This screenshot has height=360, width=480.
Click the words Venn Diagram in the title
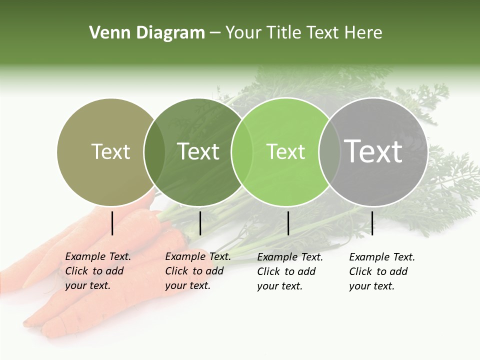tap(147, 33)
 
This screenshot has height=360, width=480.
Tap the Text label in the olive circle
tap(110, 151)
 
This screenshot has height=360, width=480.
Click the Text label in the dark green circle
tap(198, 151)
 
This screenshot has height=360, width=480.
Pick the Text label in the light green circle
tap(285, 151)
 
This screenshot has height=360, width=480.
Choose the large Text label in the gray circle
tap(373, 151)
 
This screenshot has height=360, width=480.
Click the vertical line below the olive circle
tap(112, 223)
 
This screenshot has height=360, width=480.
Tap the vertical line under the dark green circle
tap(200, 223)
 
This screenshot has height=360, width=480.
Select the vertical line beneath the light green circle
tap(288, 223)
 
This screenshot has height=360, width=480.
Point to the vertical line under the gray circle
tap(372, 223)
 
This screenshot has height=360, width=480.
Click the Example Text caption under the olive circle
tap(97, 271)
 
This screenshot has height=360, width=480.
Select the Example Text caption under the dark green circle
tap(197, 271)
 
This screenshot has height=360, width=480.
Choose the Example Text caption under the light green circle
tap(289, 271)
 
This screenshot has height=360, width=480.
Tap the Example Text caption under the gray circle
tap(381, 271)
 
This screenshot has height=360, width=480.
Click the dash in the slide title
tap(215, 33)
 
